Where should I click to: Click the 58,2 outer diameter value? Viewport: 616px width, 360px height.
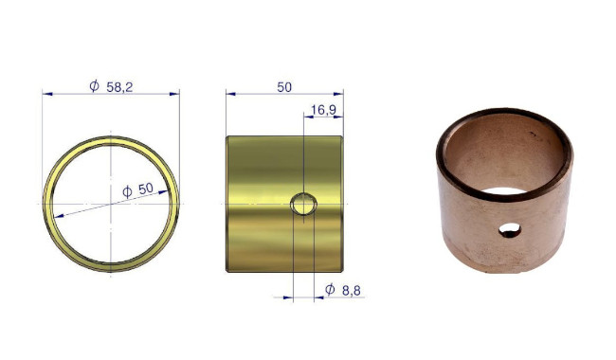coord(119,87)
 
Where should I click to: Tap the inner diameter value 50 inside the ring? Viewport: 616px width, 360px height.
coord(145,189)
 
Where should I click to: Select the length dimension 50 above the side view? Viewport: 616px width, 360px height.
coord(284,87)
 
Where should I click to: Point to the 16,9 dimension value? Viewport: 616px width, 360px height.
coord(323,110)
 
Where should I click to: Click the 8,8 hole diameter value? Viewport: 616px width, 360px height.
coord(351,291)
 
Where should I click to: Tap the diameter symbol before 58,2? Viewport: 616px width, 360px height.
coord(94,85)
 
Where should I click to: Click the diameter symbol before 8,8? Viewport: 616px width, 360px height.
coord(330,289)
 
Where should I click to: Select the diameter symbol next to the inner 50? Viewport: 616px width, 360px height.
coord(127,191)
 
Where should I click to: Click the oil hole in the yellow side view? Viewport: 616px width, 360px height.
coord(303,204)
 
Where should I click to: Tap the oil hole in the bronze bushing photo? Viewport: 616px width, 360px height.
coord(510,230)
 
